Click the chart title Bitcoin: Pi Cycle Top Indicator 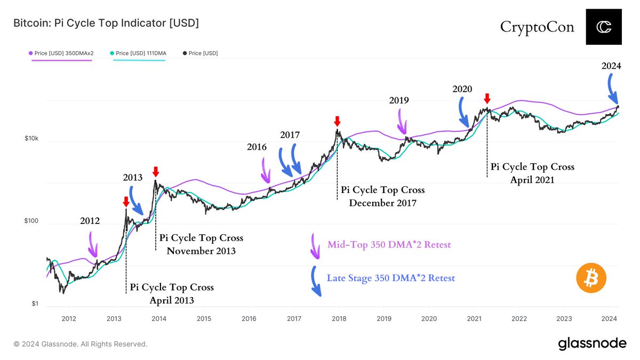(x=106, y=23)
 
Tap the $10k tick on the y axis (x=31, y=139)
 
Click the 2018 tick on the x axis (x=339, y=318)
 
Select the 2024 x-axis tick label (x=610, y=318)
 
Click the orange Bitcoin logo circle (x=591, y=278)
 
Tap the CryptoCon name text (x=537, y=27)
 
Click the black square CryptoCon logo (x=604, y=27)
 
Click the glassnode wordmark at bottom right (x=592, y=344)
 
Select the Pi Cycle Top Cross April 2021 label (x=532, y=173)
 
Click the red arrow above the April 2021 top (x=486, y=99)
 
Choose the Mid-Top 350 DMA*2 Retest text (x=389, y=244)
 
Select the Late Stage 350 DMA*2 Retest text (x=390, y=278)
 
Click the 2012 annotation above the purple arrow (x=90, y=221)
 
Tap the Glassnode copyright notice (x=80, y=344)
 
